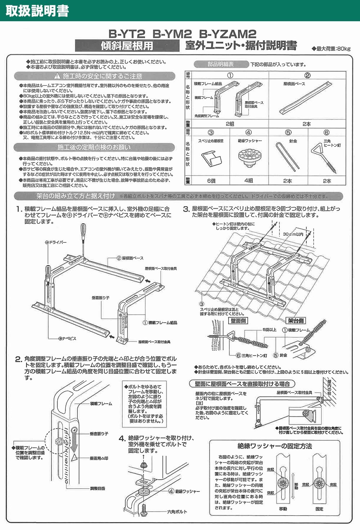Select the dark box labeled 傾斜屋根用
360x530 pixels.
(127, 46)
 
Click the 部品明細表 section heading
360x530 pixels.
(220, 64)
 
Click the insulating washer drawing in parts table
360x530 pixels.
(248, 157)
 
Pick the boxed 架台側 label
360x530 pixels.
(296, 320)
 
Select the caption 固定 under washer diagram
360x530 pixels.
(319, 509)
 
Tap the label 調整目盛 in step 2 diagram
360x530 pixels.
(98, 488)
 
